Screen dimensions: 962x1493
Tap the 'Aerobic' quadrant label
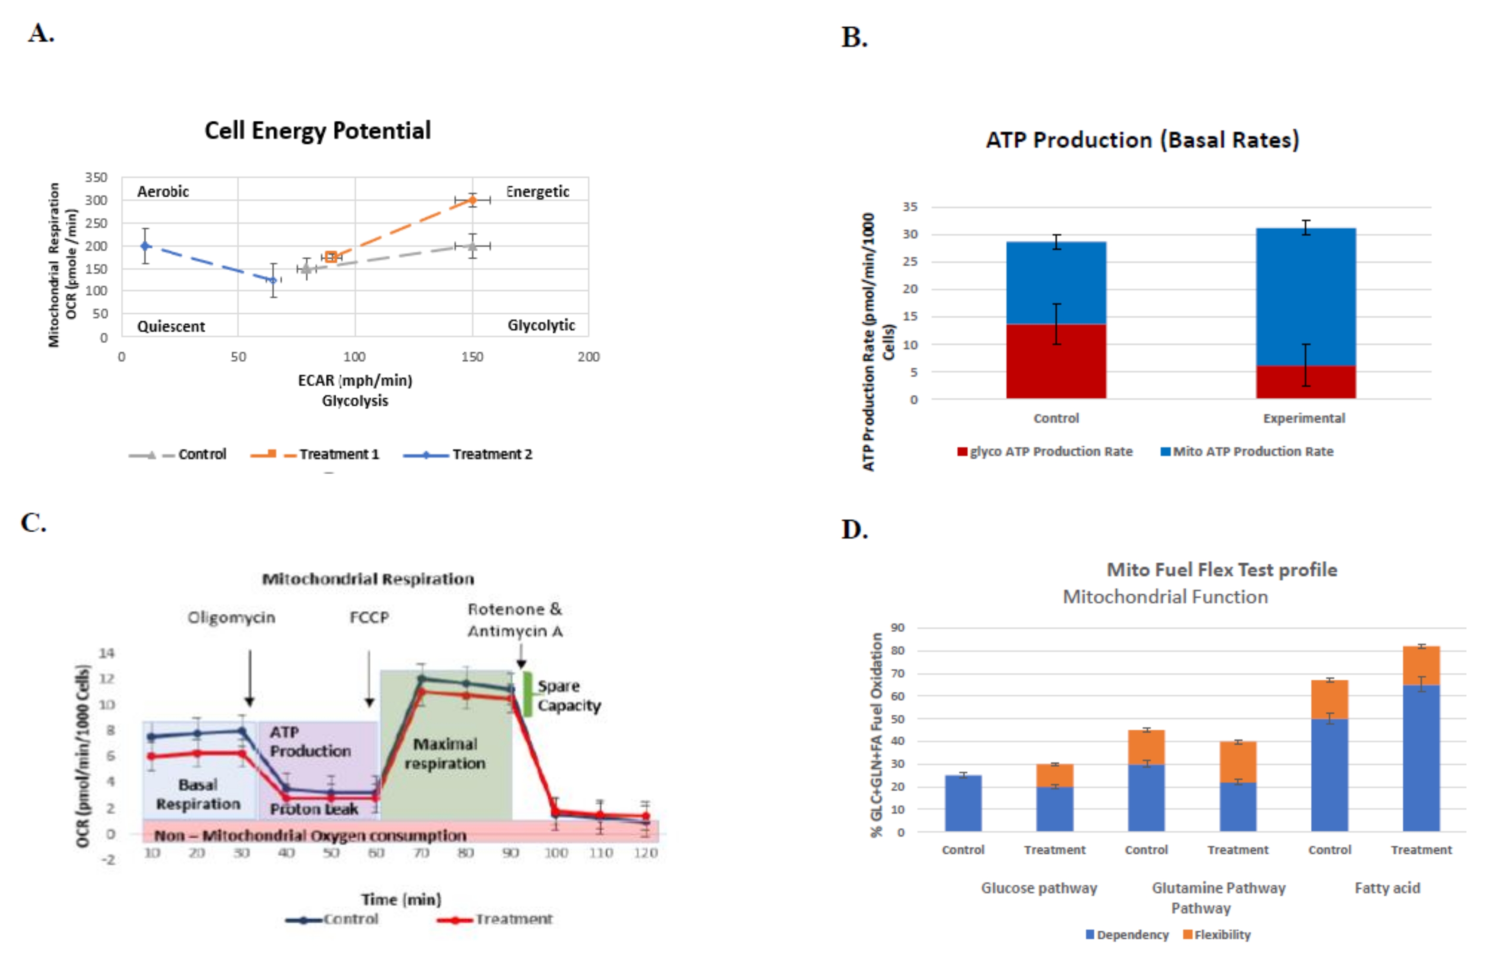click(x=163, y=192)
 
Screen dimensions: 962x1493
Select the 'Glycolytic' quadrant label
click(x=541, y=325)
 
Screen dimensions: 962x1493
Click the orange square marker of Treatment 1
click(x=331, y=257)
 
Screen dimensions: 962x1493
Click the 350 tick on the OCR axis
click(x=96, y=177)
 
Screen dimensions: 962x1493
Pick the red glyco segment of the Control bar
click(x=1056, y=361)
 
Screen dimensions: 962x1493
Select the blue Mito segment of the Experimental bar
click(x=1306, y=297)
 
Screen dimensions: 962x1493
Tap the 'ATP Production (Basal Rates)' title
click(x=1143, y=140)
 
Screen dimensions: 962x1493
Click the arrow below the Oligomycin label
click(x=250, y=678)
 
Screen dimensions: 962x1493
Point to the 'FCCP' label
click(x=369, y=617)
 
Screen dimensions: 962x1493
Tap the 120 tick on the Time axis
click(x=645, y=853)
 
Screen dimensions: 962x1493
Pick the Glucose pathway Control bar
click(x=963, y=803)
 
